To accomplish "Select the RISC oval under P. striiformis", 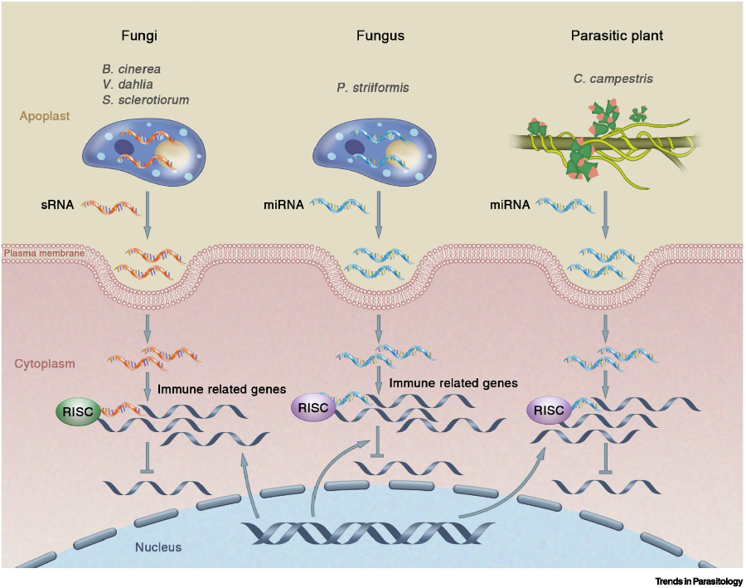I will click(312, 407).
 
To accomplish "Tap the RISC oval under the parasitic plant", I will click(549, 410).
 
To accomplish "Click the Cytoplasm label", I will click(46, 363).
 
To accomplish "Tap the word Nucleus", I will click(159, 547).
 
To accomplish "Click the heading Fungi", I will click(139, 36).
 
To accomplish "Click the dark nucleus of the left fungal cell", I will click(128, 148).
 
